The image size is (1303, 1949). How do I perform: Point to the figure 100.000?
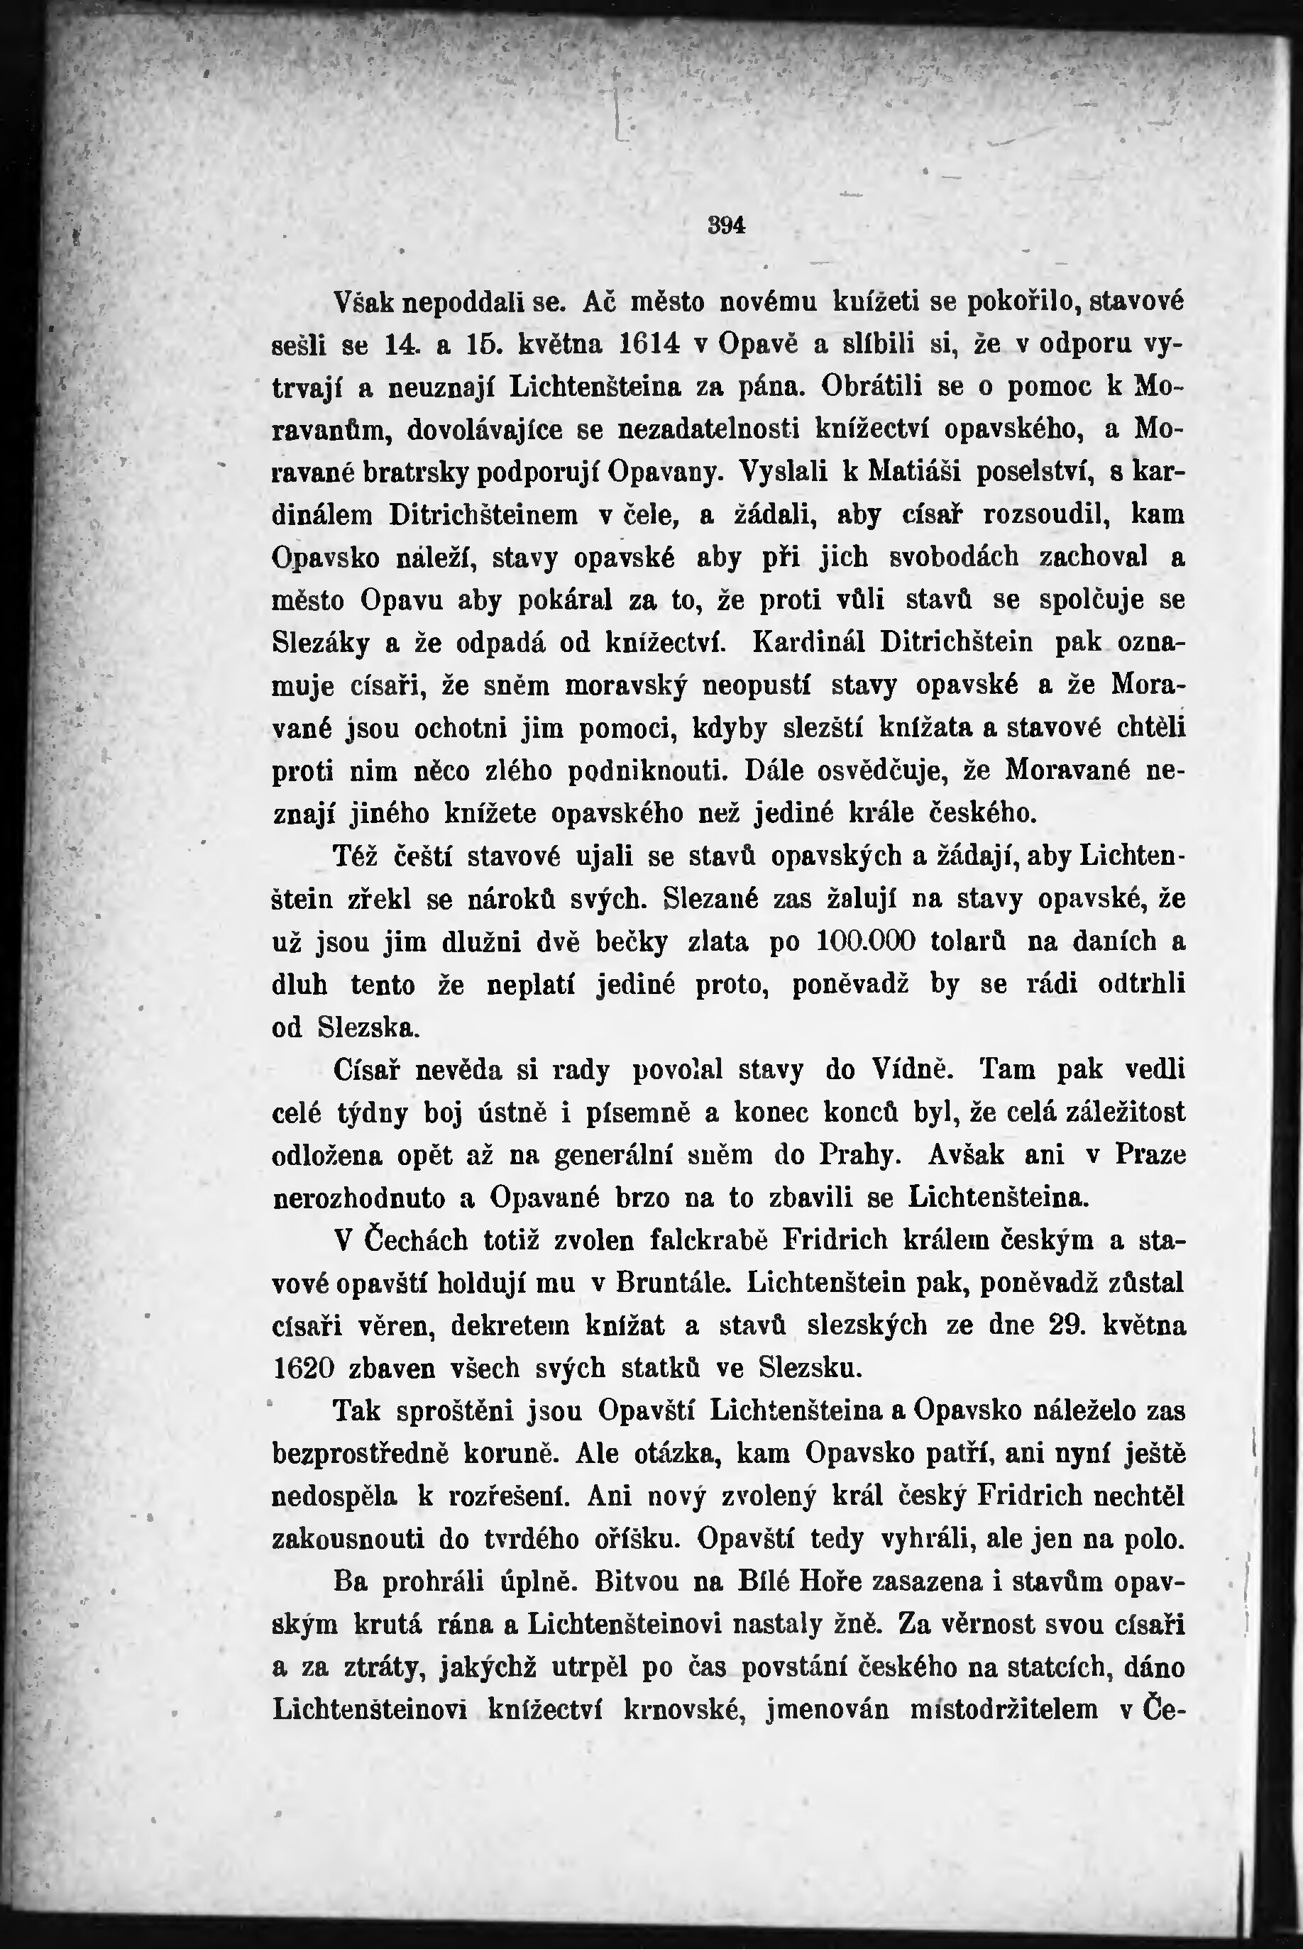[866, 942]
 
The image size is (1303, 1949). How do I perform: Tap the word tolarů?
[969, 942]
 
